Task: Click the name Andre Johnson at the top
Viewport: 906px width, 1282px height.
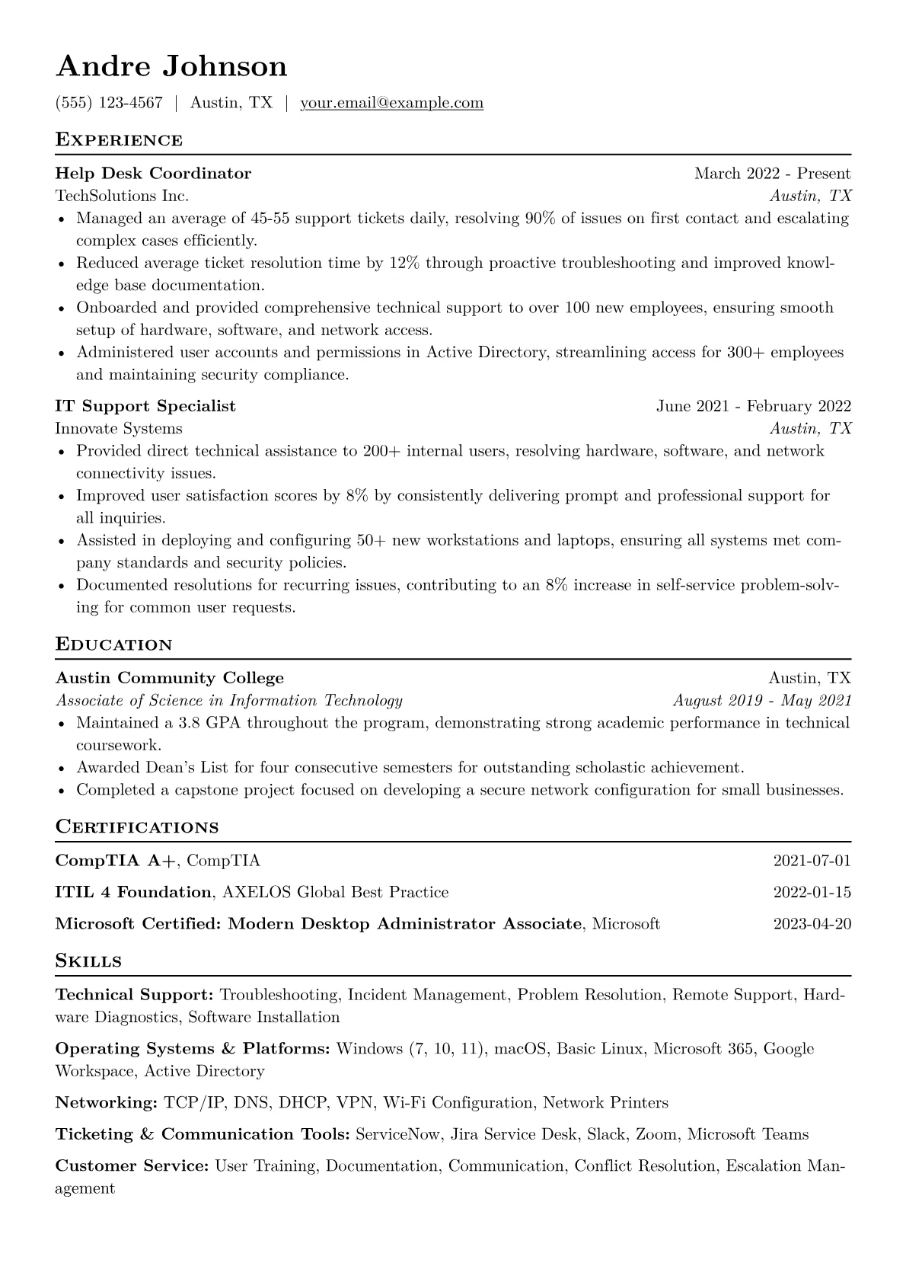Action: (171, 66)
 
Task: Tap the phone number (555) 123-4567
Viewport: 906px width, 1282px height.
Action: (109, 103)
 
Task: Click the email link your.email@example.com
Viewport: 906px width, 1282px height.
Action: (391, 103)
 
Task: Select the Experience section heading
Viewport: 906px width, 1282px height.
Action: (119, 140)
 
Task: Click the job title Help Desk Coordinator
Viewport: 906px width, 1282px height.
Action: (153, 174)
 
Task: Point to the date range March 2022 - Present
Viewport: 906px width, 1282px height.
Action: (772, 174)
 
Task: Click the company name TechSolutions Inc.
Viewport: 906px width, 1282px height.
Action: (122, 196)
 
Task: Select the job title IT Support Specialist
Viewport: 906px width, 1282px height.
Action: (145, 406)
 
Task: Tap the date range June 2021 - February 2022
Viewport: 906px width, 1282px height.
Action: (754, 406)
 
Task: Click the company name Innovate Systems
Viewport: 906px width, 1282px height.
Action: (119, 428)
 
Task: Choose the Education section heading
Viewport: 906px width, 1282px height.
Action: (114, 644)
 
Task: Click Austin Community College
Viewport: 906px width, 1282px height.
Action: (169, 678)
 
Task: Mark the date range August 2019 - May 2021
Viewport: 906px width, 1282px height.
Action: (761, 701)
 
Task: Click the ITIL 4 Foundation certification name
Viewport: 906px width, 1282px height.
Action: (133, 892)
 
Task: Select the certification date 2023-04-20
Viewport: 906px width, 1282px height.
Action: (812, 924)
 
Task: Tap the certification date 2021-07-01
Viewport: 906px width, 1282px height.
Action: (812, 861)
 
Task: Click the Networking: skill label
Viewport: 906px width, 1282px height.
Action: (106, 1102)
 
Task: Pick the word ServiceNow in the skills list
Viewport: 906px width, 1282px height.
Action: (397, 1134)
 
